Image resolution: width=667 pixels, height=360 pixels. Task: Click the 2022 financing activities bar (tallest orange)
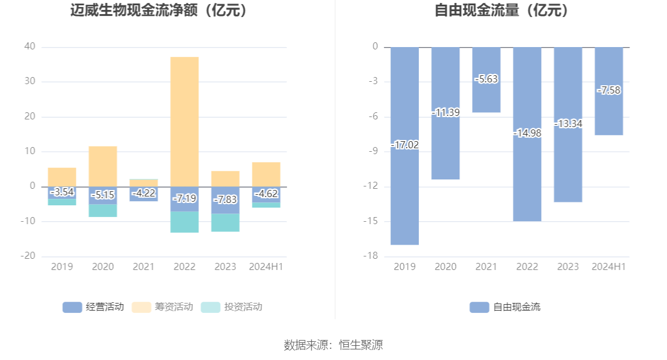pyautogui.click(x=184, y=121)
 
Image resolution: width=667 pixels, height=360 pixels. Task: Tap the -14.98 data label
pyautogui.click(x=527, y=134)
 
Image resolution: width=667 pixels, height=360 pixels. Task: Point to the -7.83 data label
pyautogui.click(x=225, y=199)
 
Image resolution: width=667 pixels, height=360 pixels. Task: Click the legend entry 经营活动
pyautogui.click(x=94, y=306)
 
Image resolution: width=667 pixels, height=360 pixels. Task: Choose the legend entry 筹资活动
pyautogui.click(x=163, y=306)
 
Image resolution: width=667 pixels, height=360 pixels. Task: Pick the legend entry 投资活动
pyautogui.click(x=232, y=306)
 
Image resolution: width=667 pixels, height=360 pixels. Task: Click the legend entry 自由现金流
pyautogui.click(x=505, y=306)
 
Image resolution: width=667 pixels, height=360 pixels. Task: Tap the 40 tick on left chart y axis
pyautogui.click(x=30, y=46)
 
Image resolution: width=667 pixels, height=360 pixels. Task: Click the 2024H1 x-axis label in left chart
pyautogui.click(x=266, y=267)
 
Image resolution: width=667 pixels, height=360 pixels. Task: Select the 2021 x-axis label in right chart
pyautogui.click(x=486, y=267)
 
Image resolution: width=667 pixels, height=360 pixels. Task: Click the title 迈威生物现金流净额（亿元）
pyautogui.click(x=159, y=11)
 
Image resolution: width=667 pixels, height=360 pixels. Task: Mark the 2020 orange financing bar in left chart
pyautogui.click(x=103, y=166)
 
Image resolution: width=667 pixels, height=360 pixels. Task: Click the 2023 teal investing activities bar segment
pyautogui.click(x=225, y=222)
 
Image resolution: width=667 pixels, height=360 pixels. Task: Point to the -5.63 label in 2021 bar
pyautogui.click(x=486, y=79)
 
